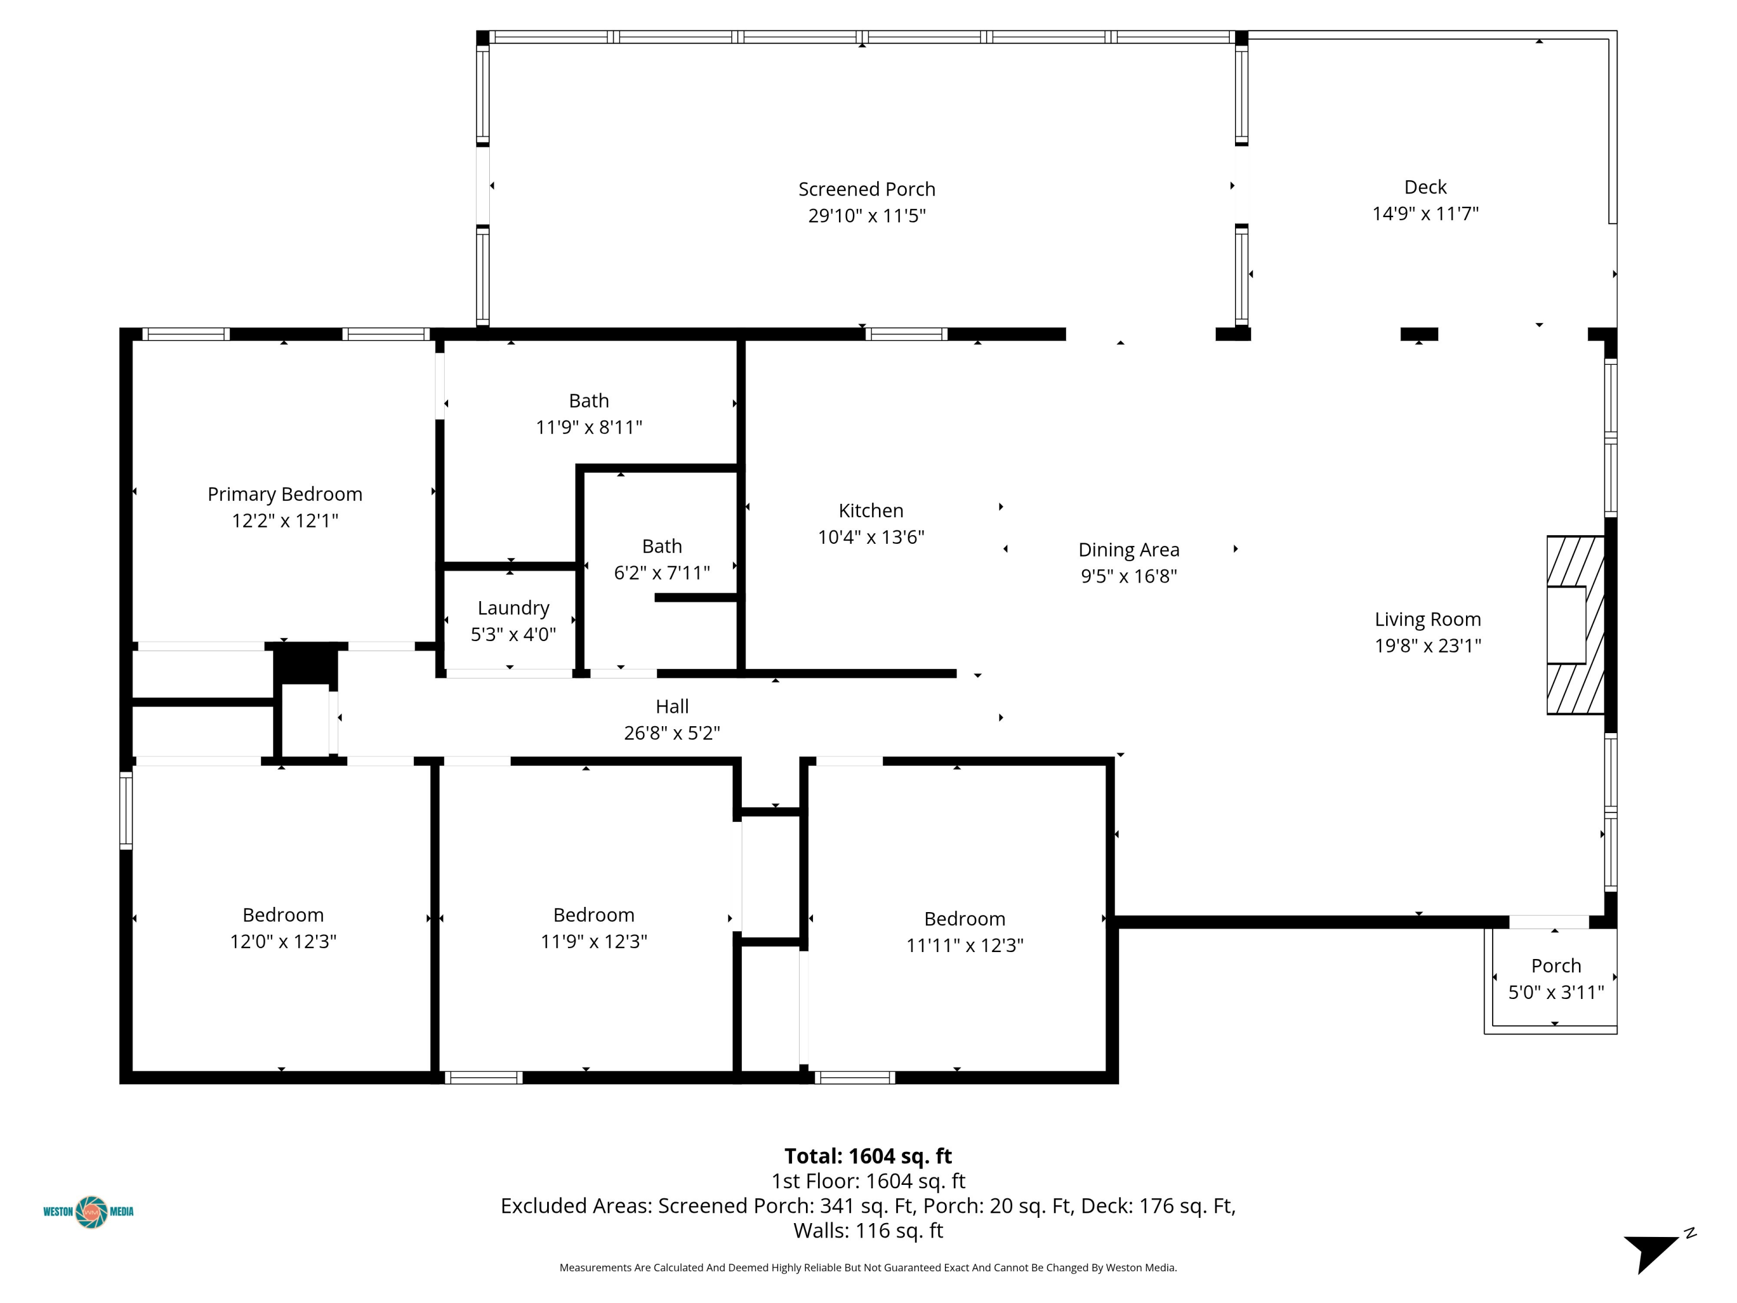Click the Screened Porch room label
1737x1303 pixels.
pos(867,189)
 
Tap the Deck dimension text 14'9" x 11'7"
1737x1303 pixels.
pos(1425,214)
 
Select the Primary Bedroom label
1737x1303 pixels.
pos(285,495)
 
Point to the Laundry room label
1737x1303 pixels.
pos(514,609)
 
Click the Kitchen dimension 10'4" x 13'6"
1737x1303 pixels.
pos(871,537)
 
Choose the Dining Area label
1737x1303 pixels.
pos(1128,550)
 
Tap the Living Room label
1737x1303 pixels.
pos(1428,620)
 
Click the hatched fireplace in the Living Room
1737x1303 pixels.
pos(1574,625)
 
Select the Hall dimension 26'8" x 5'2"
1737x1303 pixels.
pos(672,733)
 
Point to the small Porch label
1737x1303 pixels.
pos(1556,966)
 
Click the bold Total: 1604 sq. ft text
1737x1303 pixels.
pos(868,1156)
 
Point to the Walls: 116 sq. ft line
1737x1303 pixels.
pos(868,1231)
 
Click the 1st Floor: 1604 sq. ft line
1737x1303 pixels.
pos(868,1181)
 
